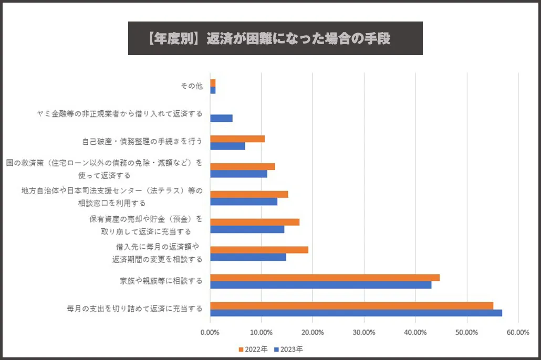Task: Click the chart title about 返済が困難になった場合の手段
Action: coord(275,38)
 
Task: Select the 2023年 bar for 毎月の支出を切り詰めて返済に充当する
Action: coord(356,313)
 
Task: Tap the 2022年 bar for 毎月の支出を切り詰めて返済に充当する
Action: coord(351,305)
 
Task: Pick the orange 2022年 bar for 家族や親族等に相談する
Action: coord(325,278)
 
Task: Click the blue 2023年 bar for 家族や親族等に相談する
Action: coord(320,285)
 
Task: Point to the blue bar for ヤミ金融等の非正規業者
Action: coord(221,118)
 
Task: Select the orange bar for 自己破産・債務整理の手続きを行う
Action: coord(237,139)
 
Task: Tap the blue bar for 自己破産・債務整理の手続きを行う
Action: coord(227,146)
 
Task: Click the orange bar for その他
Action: coord(213,83)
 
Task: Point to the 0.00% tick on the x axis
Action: coord(210,332)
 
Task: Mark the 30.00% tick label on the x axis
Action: coord(364,332)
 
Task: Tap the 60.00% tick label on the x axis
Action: coord(518,332)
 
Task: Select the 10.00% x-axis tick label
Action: coord(261,332)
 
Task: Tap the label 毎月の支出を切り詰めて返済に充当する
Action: coord(134,309)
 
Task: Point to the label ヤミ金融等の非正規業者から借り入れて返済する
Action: coord(119,114)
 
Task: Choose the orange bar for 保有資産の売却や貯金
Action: coord(255,222)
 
